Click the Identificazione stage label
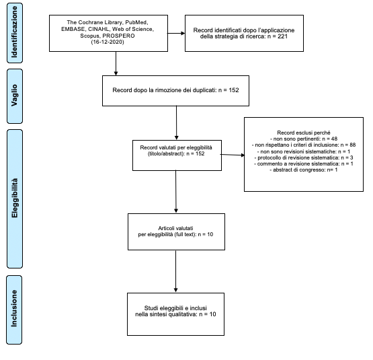point(15,33)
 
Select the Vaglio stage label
point(15,96)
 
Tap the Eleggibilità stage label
point(15,199)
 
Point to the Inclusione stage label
point(14,310)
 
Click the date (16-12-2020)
point(108,42)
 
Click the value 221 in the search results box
point(282,36)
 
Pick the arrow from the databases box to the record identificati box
point(176,33)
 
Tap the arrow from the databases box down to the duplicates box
point(116,63)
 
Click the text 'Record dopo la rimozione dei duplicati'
point(164,90)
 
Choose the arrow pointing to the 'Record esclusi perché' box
point(233,155)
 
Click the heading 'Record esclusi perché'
point(304,133)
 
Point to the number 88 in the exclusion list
point(353,145)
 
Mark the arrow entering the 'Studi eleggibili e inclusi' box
point(176,271)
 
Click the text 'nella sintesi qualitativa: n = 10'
point(175,314)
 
